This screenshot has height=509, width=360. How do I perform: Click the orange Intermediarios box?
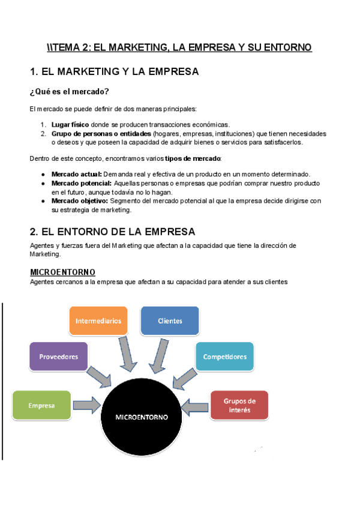(x=98, y=321)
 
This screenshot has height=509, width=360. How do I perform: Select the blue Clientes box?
(x=170, y=321)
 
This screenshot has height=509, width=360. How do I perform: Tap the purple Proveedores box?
(x=59, y=357)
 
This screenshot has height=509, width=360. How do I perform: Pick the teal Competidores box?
(x=224, y=357)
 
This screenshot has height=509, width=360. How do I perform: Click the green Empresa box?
(x=41, y=405)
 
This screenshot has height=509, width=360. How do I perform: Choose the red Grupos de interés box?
(x=239, y=405)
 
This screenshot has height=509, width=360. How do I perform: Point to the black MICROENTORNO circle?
(x=142, y=416)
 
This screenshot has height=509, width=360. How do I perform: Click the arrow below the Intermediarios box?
(x=127, y=354)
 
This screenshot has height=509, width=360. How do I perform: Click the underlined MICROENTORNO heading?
(x=62, y=272)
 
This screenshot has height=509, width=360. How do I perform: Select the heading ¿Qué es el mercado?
(x=69, y=91)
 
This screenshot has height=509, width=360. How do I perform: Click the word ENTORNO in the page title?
(x=284, y=47)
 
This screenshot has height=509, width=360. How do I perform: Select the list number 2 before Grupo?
(x=43, y=133)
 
